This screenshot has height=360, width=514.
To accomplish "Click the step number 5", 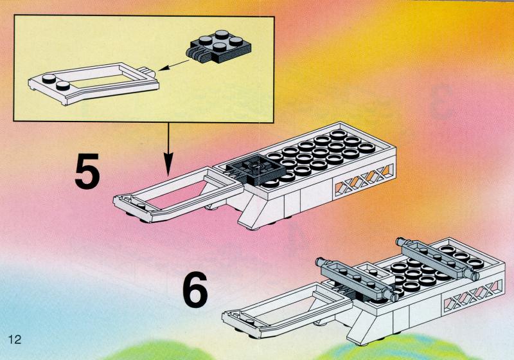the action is pos(87,172).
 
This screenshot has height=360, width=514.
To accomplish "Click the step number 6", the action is pos(195,289).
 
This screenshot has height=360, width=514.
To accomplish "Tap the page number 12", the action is pos(14,339).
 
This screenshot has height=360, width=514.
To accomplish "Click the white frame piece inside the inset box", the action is pos(93,84).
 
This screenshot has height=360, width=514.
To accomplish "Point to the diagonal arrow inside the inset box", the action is pos(173,65).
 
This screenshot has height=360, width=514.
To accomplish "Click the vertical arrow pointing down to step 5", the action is pos(168,149).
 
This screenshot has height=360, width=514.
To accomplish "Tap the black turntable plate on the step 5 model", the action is pos(255,170).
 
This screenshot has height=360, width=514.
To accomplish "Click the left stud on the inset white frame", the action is pos(49,78).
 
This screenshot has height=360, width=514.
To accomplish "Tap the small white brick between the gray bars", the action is pos(373,271).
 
